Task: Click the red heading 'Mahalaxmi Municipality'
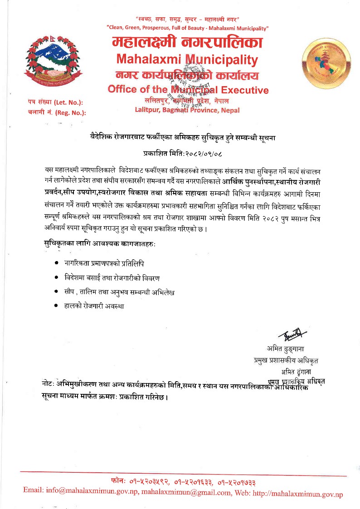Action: pyautogui.click(x=187, y=59)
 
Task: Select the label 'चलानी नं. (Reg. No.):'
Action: pyautogui.click(x=56, y=112)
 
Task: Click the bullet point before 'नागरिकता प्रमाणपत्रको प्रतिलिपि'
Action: pyautogui.click(x=55, y=263)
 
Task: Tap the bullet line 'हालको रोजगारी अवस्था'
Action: pyautogui.click(x=94, y=306)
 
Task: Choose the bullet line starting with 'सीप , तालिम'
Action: pyautogui.click(x=119, y=291)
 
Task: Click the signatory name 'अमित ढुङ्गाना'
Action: pyautogui.click(x=286, y=349)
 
